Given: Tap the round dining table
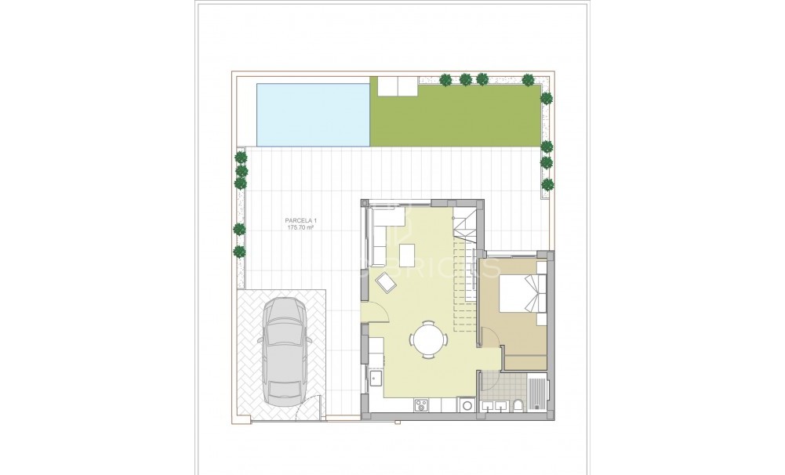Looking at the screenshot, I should [x=428, y=339].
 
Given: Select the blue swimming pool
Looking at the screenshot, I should [x=312, y=114].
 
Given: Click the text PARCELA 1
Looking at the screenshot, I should [x=300, y=220].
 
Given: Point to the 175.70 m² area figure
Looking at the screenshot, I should [x=300, y=228].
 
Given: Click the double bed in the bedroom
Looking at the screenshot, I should [x=520, y=297].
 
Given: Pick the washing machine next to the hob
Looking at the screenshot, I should [x=466, y=405].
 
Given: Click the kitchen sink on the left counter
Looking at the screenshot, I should [x=374, y=379].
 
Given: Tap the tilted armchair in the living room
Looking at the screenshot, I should [x=387, y=281].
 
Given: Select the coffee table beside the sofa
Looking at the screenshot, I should [x=407, y=255].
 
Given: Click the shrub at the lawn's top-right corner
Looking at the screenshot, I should [x=529, y=78].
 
